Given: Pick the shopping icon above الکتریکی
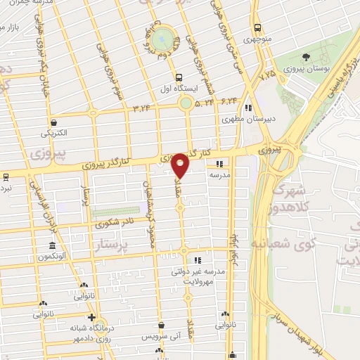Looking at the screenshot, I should click(x=53, y=121).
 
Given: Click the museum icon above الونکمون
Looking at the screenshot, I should click(x=53, y=245).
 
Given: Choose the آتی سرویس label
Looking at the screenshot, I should click(x=162, y=337).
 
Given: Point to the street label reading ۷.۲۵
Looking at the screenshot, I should click(x=266, y=73).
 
